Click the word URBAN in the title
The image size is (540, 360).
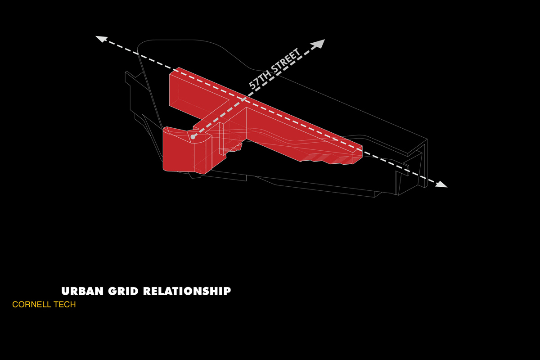pos(82,291)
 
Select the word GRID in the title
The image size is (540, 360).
pos(123,291)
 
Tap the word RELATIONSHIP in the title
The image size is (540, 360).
pos(187,291)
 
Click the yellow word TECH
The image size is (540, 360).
pos(65,305)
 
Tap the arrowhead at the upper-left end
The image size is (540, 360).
pos(101,39)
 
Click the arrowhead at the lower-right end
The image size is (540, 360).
pos(441,184)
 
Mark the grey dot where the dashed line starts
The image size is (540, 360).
pos(193,137)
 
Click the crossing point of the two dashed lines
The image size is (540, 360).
pos(244,99)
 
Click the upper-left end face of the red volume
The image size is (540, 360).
pos(174,90)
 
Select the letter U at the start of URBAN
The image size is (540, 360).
pos(65,291)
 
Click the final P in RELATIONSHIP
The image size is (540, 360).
pos(227,291)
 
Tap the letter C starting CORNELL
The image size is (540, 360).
pos(15,305)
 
